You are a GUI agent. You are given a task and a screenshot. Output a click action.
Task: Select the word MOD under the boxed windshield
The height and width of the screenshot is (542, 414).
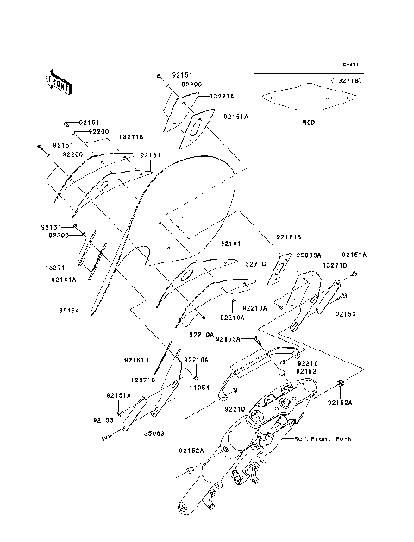pos(308,123)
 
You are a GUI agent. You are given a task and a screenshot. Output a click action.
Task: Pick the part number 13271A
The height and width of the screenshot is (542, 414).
pos(223,98)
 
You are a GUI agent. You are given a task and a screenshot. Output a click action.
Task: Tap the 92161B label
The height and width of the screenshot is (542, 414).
pos(290,236)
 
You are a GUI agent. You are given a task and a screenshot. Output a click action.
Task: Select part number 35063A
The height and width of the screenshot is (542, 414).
pos(309,255)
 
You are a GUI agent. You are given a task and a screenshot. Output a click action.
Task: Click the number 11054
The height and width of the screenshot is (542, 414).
pos(199,388)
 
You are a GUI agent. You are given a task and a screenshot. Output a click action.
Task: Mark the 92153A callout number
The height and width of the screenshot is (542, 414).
pos(229,339)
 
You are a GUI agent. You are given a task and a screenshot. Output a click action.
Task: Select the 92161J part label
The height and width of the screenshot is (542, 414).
pos(136,359)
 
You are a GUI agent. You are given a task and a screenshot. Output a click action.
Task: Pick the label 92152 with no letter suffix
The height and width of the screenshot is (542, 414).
pos(306,371)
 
